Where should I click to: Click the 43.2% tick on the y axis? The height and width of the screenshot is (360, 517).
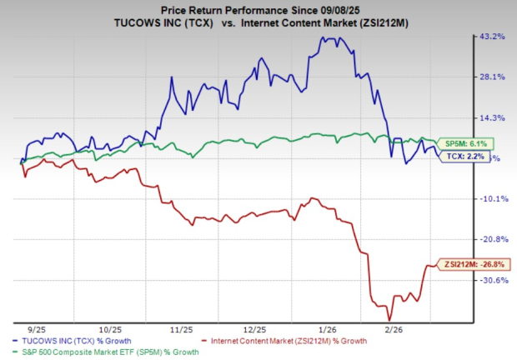point(489,37)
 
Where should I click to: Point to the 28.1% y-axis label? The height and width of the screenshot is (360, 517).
point(489,77)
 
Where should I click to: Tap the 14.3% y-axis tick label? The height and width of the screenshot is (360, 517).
point(489,117)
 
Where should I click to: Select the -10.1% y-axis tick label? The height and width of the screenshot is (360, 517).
point(489,198)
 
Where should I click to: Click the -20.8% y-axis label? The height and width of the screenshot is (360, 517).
point(489,239)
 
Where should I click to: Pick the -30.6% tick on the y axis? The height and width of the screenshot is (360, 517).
point(489,280)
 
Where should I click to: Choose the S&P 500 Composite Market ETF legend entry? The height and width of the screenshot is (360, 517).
point(107,352)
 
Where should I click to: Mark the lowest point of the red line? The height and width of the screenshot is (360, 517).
point(389,319)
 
